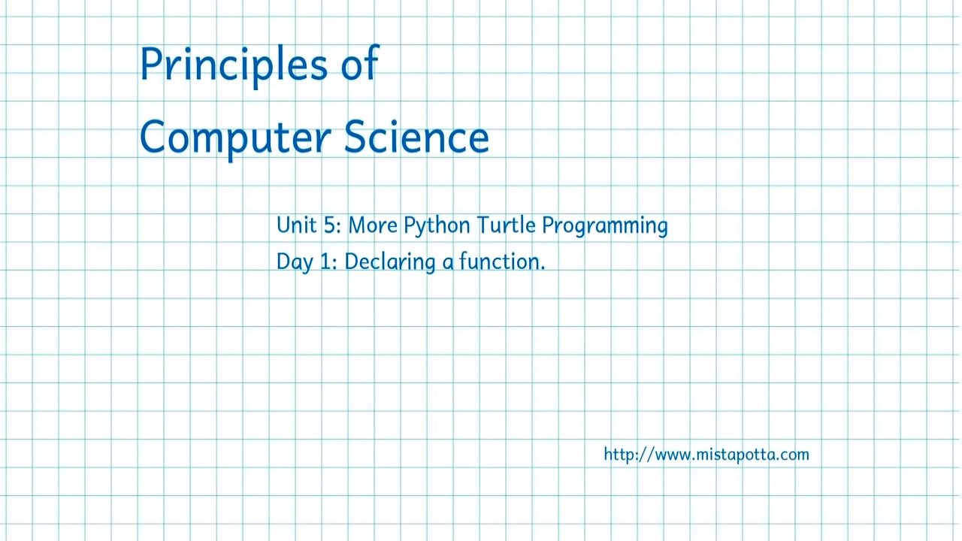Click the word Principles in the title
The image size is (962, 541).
tap(233, 65)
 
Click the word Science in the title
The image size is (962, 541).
tap(416, 136)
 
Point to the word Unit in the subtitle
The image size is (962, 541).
tap(296, 225)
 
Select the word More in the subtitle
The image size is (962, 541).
tap(372, 225)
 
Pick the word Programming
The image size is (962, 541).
tap(604, 226)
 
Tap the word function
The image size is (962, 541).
tap(501, 261)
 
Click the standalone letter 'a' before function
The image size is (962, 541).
tap(448, 263)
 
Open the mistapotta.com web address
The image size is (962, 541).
tap(706, 455)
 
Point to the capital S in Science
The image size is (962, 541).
tap(355, 136)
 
